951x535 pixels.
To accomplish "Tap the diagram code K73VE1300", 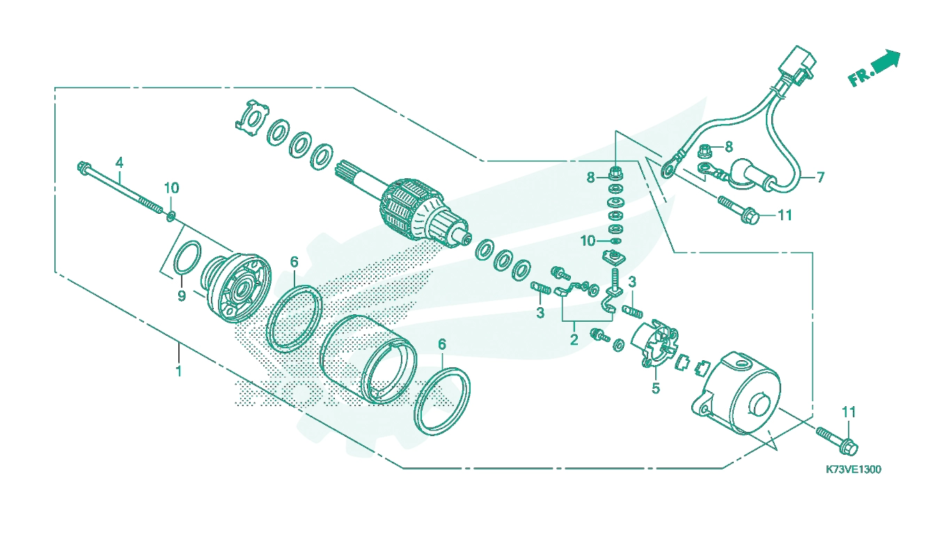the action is pyautogui.click(x=854, y=470).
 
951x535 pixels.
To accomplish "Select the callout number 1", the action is pyautogui.click(x=179, y=371).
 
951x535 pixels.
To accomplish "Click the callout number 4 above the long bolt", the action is pyautogui.click(x=119, y=162).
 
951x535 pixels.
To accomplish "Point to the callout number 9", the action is pyautogui.click(x=182, y=296).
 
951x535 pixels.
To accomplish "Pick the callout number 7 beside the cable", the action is pyautogui.click(x=820, y=177).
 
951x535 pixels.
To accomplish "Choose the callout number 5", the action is pyautogui.click(x=656, y=388).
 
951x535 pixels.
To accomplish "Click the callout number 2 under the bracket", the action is pyautogui.click(x=574, y=339).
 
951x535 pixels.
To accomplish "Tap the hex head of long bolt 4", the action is pyautogui.click(x=84, y=167).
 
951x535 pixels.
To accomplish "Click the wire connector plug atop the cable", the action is pyautogui.click(x=797, y=65).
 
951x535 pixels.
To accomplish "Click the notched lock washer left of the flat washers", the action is pyautogui.click(x=252, y=118).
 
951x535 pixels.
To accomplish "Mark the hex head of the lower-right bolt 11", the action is pyautogui.click(x=849, y=447).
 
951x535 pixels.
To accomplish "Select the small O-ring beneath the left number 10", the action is pyautogui.click(x=171, y=216).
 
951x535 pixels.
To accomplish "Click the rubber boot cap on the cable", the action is pyautogui.click(x=748, y=175).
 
